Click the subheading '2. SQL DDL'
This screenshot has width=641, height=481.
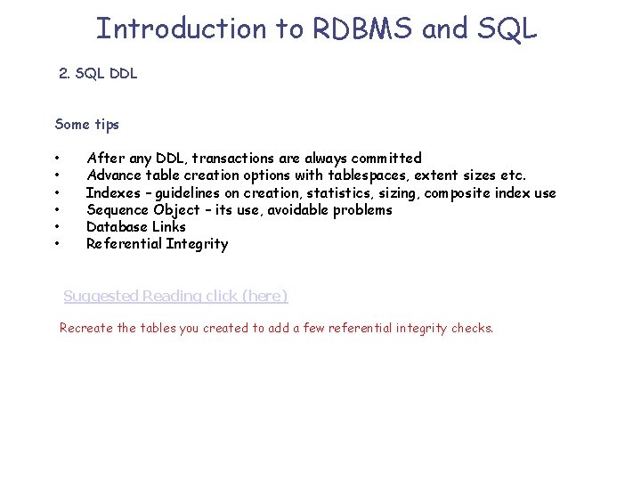[x=98, y=74]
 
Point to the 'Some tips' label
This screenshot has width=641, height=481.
[x=86, y=124]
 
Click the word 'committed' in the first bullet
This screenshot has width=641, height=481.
[x=385, y=159]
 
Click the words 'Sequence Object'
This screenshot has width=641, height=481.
[x=142, y=209]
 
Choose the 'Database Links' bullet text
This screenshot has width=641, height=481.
[x=135, y=226]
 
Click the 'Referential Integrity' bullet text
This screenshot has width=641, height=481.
[x=157, y=243]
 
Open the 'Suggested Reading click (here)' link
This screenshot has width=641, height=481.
[x=175, y=296]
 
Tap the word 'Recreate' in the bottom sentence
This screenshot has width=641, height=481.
[x=86, y=328]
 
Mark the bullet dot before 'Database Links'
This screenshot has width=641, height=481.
[x=57, y=227]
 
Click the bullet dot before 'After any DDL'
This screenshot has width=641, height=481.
[x=57, y=159]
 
